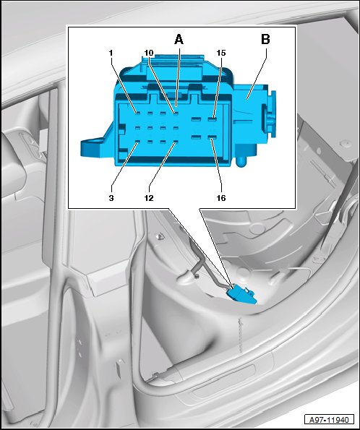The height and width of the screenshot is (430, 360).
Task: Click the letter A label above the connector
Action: pos(179,40)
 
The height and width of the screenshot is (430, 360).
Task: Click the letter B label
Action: pos(265,39)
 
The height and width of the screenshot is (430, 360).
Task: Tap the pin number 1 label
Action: pos(111,53)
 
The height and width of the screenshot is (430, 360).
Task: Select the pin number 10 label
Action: pos(149,53)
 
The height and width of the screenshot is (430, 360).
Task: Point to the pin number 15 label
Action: pos(221,53)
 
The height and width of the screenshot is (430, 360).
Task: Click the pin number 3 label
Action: pos(111,198)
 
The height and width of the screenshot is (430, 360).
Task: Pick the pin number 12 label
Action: pos(149,198)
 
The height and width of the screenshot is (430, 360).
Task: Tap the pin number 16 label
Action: pos(221,198)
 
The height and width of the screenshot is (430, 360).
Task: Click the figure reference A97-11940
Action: pos(329,420)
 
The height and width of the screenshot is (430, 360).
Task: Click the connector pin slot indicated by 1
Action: pos(137,113)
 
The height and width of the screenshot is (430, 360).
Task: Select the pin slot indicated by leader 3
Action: pos(137,142)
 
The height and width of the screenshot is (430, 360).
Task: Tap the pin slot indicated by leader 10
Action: pos(176,113)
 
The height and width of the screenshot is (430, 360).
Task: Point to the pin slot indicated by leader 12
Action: pos(176,142)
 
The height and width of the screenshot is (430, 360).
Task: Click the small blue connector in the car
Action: pos(241,296)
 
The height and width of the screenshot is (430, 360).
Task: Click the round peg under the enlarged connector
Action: pos(241,161)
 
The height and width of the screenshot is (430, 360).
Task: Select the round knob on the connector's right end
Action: pos(270,114)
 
